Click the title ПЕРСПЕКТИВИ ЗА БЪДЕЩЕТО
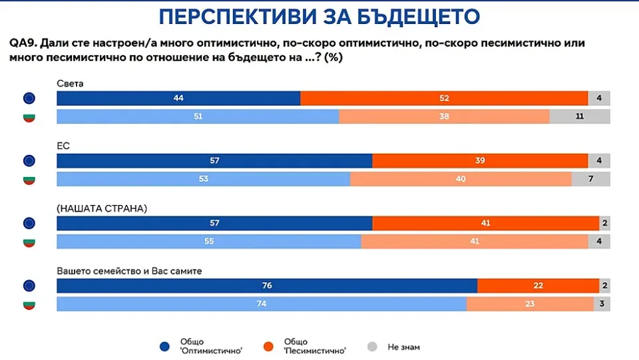319,16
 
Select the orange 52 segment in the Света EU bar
444,98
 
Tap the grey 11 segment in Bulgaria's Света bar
580,116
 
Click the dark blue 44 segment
178,98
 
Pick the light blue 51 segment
198,116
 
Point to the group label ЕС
63,144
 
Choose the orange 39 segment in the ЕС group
480,160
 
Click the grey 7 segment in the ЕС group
590,179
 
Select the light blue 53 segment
203,179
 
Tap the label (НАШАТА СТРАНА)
102,208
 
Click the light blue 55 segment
208,241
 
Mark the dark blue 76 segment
267,285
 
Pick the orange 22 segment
538,285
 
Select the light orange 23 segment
530,304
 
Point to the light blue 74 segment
261,304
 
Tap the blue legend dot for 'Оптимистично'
164,346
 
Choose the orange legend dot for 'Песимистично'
268,346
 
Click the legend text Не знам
403,347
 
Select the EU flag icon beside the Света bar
29,98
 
